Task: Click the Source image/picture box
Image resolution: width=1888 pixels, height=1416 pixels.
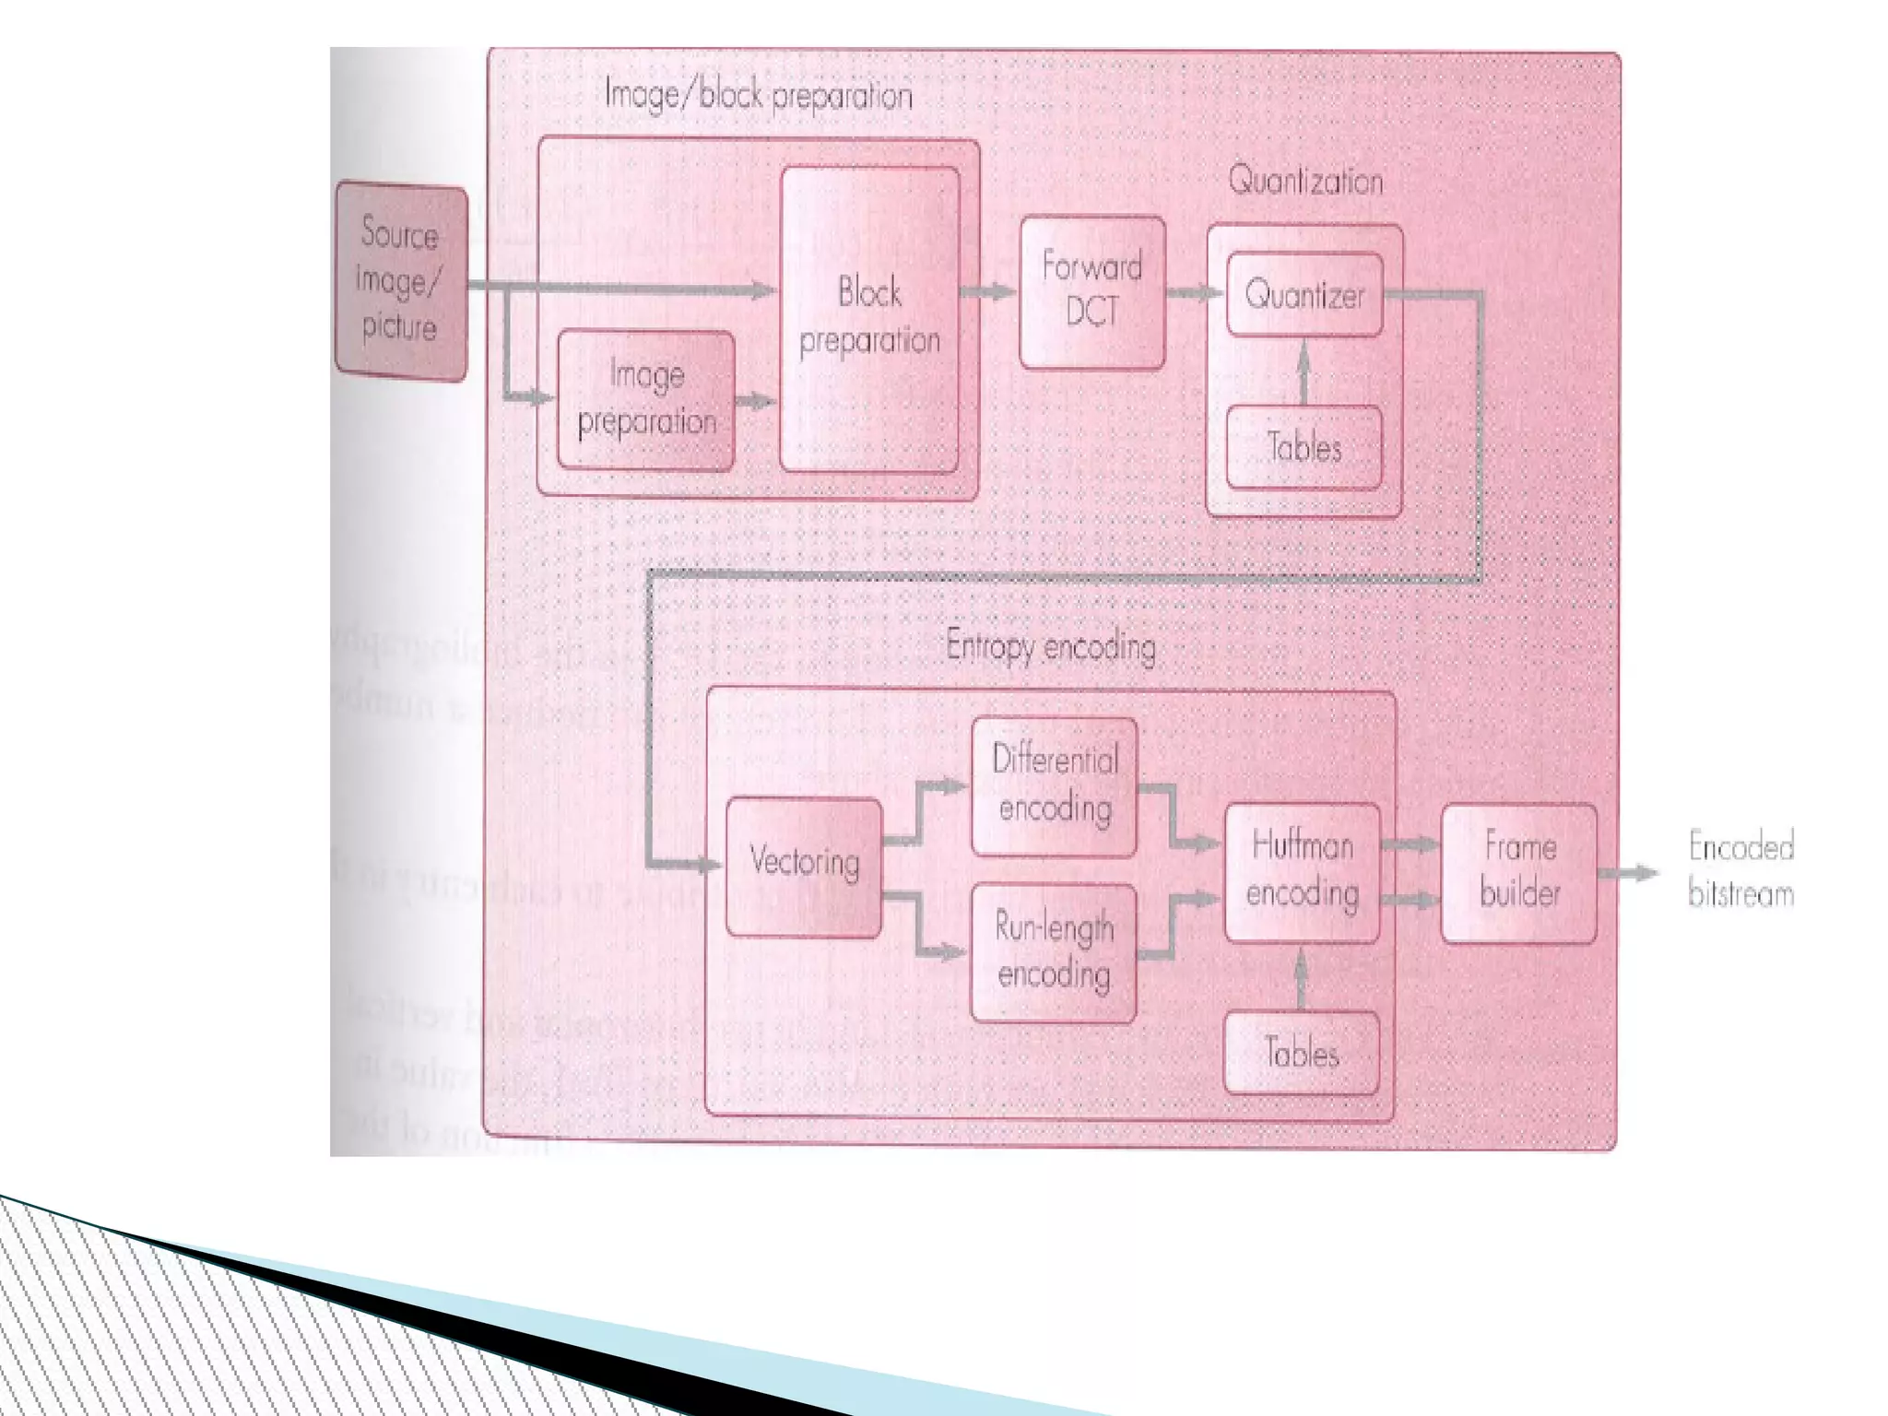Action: [x=401, y=280]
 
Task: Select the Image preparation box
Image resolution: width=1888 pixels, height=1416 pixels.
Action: [x=646, y=399]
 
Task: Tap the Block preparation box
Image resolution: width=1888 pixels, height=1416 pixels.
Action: [x=869, y=318]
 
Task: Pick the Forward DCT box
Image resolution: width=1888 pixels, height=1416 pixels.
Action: [x=1092, y=291]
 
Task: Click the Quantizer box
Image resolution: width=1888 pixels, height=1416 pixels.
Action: [x=1304, y=295]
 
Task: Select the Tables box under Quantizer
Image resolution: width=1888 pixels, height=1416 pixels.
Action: [x=1304, y=447]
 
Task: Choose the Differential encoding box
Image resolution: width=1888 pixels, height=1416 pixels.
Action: [x=1055, y=786]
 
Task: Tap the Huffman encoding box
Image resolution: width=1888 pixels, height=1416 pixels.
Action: [x=1302, y=871]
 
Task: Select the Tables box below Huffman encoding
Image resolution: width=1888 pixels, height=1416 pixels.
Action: [x=1301, y=1053]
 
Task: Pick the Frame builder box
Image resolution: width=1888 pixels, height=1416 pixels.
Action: [x=1519, y=872]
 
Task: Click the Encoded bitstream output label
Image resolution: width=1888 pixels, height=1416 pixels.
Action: [x=1740, y=870]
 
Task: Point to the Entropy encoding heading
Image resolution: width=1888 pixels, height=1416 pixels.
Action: [x=1051, y=647]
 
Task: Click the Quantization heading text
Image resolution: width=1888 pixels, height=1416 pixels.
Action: [x=1305, y=181]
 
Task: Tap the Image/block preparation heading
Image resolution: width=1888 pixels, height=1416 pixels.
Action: [x=758, y=96]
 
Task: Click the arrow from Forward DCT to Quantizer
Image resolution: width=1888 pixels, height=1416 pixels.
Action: [x=1195, y=292]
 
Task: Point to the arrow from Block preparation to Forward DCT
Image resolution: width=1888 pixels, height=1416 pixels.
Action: [x=988, y=291]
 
